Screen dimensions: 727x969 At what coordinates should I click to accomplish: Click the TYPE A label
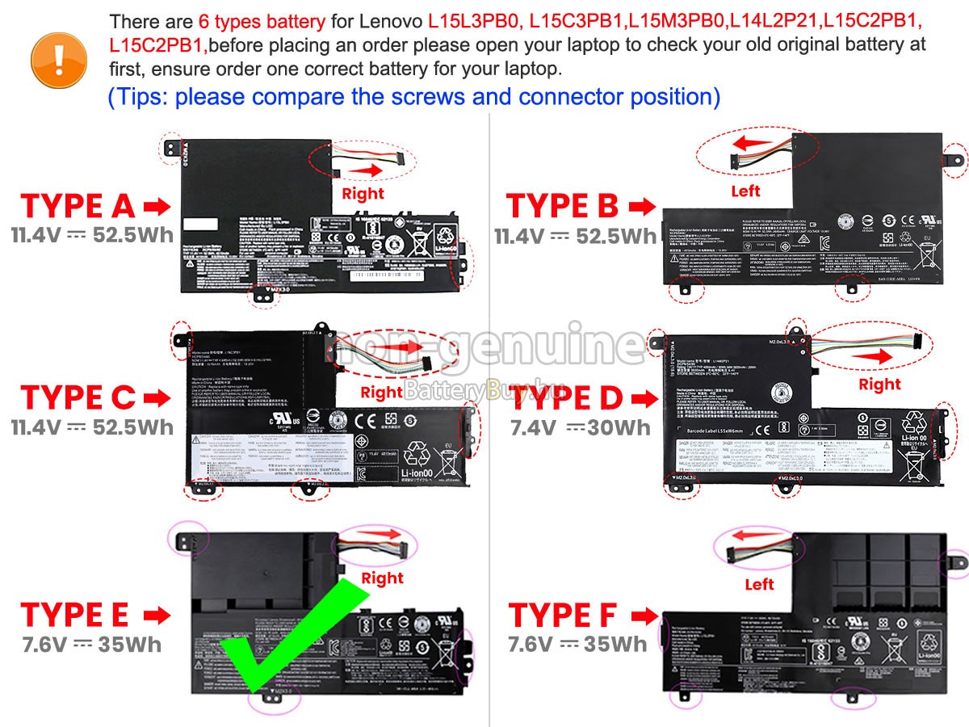(x=78, y=207)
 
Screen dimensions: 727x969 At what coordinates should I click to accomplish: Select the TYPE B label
(x=562, y=207)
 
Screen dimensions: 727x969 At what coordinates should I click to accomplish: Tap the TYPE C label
(x=78, y=397)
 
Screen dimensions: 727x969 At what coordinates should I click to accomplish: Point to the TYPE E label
(x=75, y=616)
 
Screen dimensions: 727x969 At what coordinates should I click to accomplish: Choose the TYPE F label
(x=562, y=616)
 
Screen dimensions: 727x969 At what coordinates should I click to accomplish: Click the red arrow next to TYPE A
(x=157, y=208)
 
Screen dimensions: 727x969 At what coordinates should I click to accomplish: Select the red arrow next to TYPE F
(x=643, y=616)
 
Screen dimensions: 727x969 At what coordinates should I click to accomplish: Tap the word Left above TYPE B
(x=745, y=191)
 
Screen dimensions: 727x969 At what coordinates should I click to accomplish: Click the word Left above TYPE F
(x=759, y=584)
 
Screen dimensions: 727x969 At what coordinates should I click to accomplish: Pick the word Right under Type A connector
(x=363, y=194)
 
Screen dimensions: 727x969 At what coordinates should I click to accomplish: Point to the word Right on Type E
(x=382, y=578)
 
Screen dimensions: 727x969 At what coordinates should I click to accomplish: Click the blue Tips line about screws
(x=413, y=97)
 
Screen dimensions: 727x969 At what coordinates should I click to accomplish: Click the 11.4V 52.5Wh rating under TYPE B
(x=576, y=236)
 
